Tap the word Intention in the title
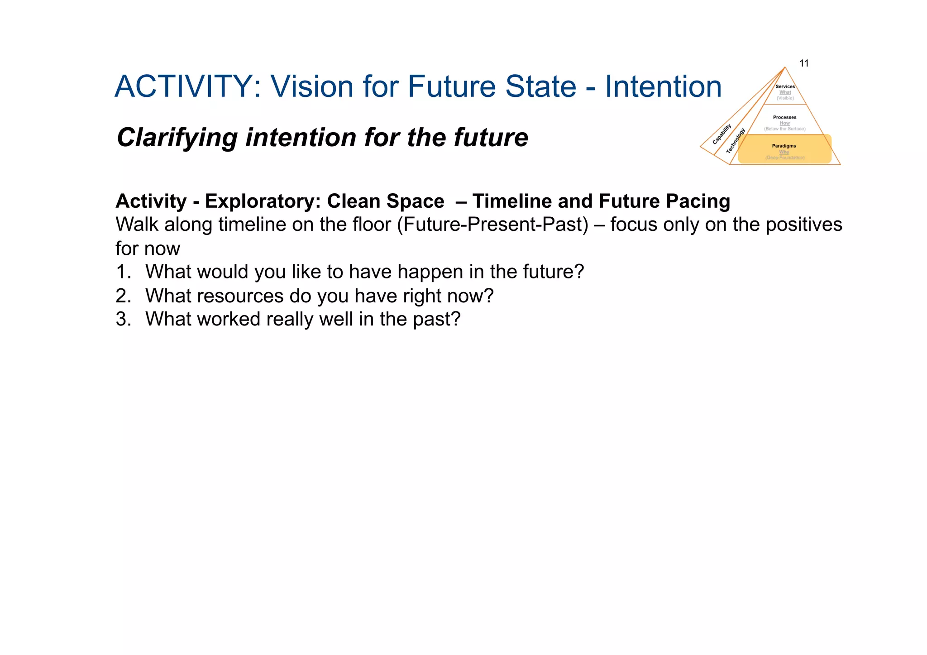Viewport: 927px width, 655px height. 663,86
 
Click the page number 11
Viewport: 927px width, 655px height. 804,63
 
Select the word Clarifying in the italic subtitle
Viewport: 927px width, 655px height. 177,138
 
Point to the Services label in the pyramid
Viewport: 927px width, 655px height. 785,86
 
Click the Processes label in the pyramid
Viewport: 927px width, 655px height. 784,117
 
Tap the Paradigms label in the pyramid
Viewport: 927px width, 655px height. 784,146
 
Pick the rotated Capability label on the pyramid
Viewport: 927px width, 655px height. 722,134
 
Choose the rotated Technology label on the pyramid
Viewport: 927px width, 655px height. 736,141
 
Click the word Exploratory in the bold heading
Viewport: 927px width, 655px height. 263,201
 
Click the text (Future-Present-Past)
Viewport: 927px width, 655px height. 492,225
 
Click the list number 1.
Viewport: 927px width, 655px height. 123,272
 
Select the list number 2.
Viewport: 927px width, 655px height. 123,296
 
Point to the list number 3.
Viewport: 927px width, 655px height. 123,320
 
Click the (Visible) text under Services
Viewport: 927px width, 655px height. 785,98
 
